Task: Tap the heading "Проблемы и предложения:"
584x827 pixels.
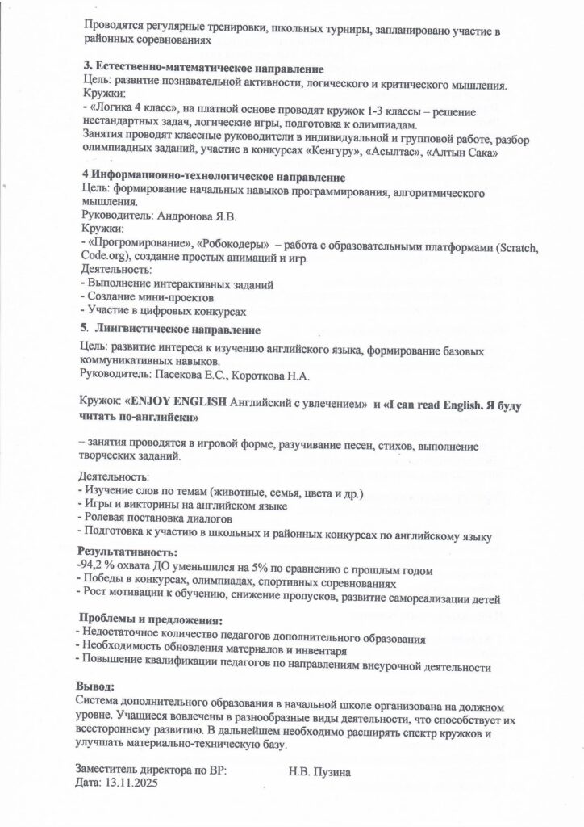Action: tap(147, 620)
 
